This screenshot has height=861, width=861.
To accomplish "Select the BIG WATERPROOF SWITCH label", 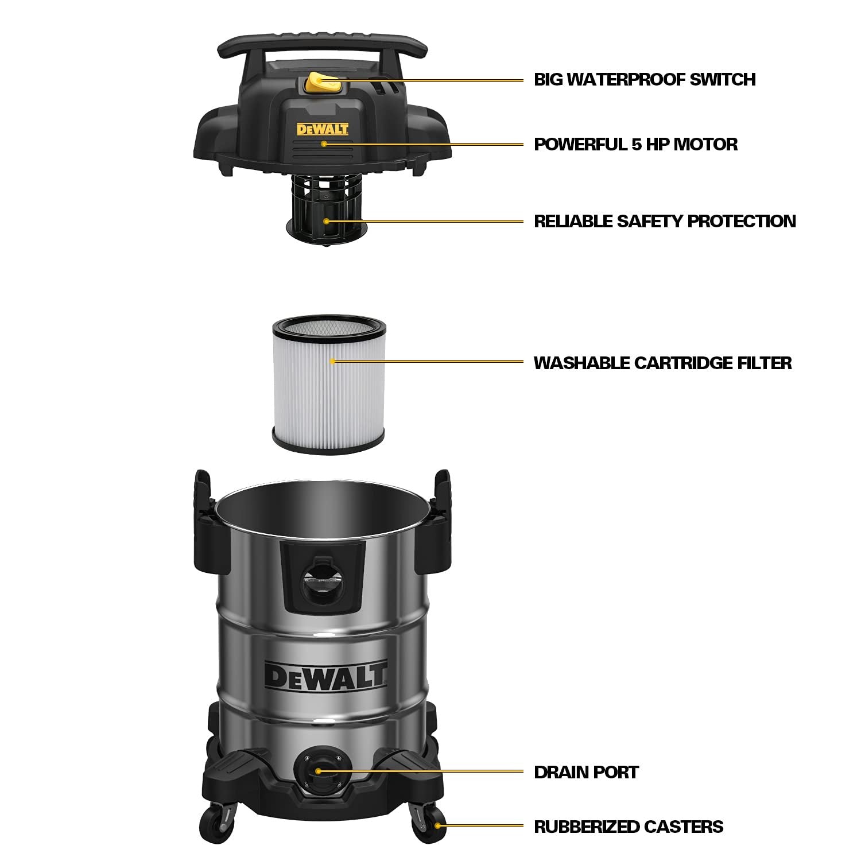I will point(644,79).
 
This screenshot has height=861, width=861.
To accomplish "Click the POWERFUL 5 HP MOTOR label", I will point(635,144).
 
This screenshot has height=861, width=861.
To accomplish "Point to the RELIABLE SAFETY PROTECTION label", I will point(665,221).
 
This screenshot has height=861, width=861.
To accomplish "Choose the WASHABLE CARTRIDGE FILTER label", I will point(662,363).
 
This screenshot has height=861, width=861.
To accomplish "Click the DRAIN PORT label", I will point(586,772).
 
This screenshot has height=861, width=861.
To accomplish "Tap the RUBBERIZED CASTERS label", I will point(629,827).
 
